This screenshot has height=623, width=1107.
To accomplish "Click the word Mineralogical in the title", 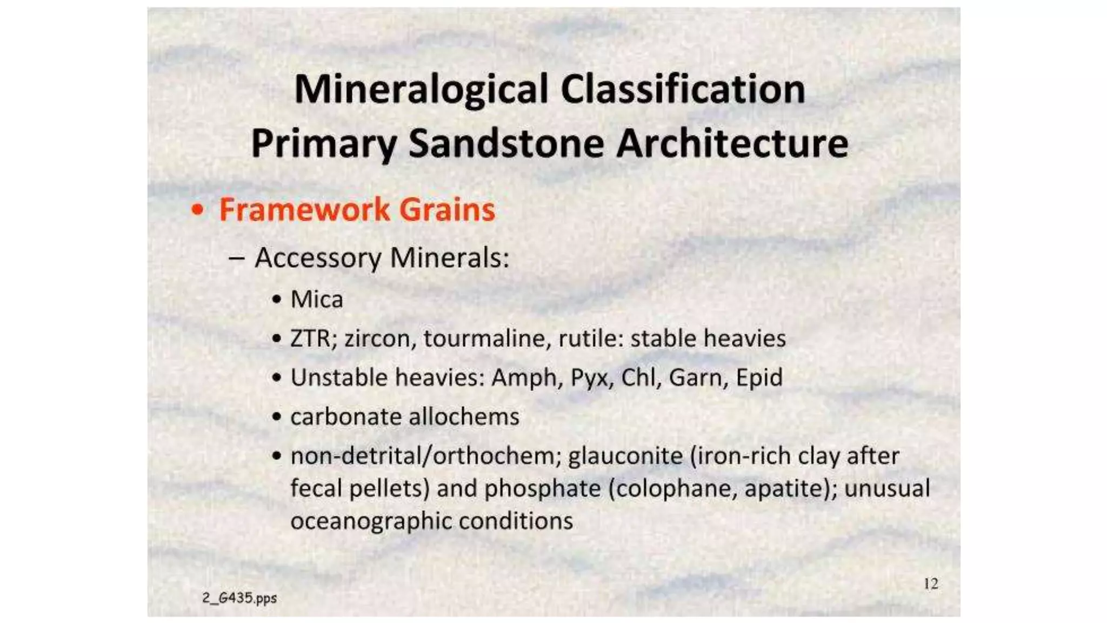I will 421,90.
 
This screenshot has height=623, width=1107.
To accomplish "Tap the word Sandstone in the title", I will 506,144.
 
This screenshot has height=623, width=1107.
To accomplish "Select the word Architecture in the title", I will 732,144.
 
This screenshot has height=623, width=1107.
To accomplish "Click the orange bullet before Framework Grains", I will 198,210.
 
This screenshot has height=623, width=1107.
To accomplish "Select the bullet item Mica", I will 316,300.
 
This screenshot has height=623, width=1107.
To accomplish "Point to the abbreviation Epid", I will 759,377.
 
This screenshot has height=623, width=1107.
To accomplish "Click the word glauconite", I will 625,456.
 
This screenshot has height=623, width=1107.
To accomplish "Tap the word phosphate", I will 542,489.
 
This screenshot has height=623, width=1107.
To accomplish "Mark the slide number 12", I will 930,584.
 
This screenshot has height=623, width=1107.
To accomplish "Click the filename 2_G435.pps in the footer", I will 239,598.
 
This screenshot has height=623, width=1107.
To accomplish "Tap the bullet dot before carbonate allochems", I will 277,417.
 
